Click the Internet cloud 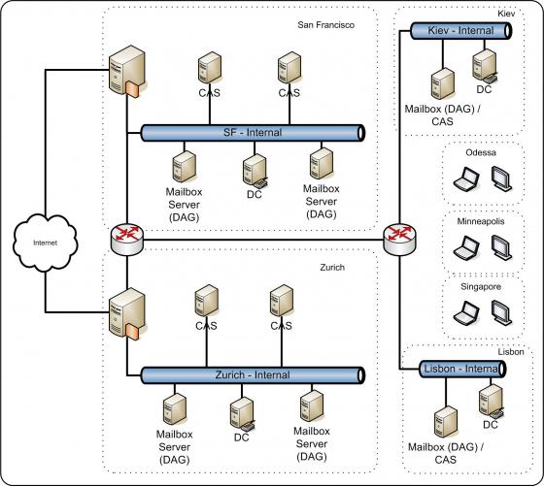point(45,243)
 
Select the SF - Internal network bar point(253,133)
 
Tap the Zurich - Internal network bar point(253,375)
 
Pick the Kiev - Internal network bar point(461,31)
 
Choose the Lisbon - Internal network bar point(462,369)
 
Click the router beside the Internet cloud point(127,240)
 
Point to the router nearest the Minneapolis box point(399,240)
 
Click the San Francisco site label point(326,25)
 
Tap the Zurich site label point(332,268)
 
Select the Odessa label point(481,152)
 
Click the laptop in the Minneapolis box point(466,247)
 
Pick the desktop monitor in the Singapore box point(501,312)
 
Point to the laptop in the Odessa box point(466,178)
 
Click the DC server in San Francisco point(255,171)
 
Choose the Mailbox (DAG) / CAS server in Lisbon point(446,422)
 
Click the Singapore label point(481,287)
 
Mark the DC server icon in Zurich point(243,414)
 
